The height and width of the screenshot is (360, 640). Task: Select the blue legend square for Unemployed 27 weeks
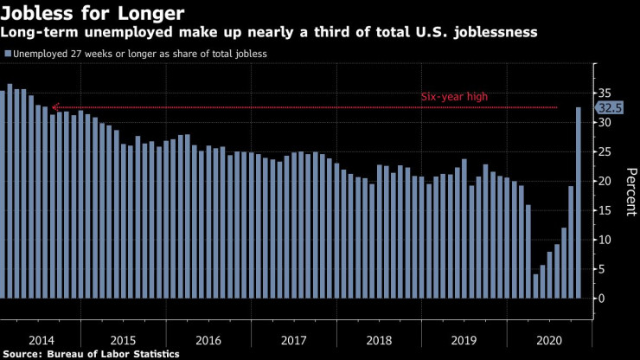coord(8,54)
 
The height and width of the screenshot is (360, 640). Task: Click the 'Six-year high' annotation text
coord(455,96)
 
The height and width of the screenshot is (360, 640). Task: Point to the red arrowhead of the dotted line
coord(54,107)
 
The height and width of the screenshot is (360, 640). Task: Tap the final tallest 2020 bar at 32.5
coord(579,202)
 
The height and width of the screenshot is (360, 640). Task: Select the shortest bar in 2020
coord(536,286)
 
